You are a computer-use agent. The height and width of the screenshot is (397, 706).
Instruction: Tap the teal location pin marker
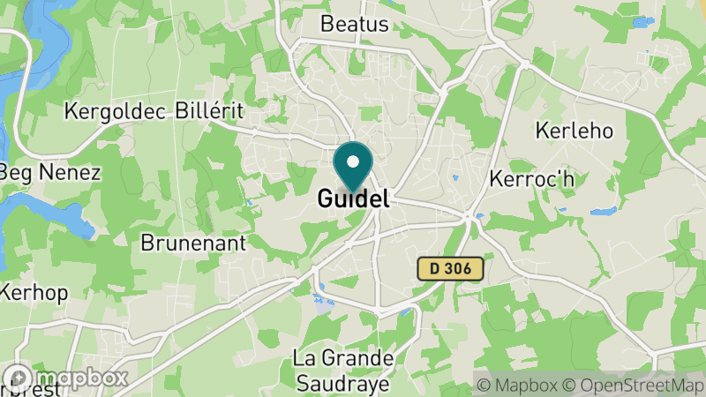353,168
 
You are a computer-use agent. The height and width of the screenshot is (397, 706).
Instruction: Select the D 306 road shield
450,268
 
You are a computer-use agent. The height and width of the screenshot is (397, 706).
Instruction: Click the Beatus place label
354,24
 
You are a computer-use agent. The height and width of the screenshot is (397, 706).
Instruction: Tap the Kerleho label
575,131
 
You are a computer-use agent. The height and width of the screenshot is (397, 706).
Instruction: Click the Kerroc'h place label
531,179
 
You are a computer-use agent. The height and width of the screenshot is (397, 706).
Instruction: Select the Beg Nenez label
50,171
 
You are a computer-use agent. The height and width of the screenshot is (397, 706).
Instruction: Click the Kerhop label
33,292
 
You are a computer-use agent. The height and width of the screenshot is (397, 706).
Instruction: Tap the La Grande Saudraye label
342,371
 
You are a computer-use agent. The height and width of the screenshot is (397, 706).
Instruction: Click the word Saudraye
342,384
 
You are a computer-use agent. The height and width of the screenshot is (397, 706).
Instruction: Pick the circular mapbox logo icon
19,378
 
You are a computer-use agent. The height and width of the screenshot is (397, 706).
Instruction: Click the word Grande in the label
357,360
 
